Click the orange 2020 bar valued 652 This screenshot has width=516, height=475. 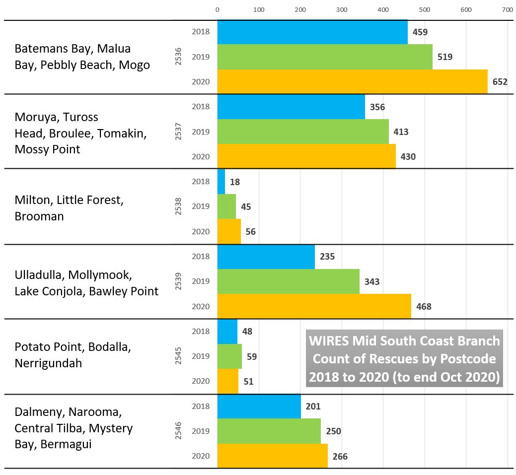tap(352, 81)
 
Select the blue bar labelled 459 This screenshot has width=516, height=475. tap(312, 32)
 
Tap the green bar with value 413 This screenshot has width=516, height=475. tap(303, 132)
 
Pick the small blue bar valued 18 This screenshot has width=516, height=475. tap(221, 182)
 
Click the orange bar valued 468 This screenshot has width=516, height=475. tap(314, 306)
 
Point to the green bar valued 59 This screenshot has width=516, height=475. tap(229, 356)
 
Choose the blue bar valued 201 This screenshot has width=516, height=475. tap(259, 407)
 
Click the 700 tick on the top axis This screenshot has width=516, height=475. tap(507, 9)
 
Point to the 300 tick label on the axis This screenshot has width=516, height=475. tap(341, 9)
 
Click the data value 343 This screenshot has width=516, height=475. tap(372, 282)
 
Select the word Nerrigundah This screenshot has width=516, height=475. tap(48, 363)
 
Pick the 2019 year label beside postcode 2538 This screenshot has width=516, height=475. tap(201, 206)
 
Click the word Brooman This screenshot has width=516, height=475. tap(39, 216)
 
